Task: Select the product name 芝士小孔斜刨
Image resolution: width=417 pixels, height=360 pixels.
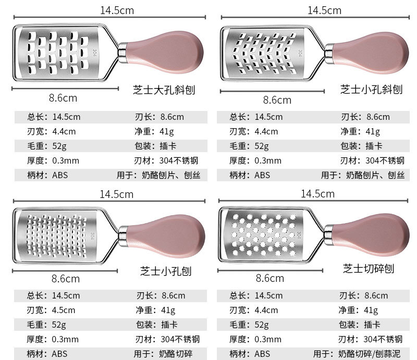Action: pyautogui.click(x=371, y=89)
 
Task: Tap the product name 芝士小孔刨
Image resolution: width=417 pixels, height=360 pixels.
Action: pyautogui.click(x=166, y=271)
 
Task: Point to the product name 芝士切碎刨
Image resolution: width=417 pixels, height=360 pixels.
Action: pyautogui.click(x=368, y=269)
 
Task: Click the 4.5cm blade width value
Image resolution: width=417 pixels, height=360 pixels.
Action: pyautogui.click(x=64, y=311)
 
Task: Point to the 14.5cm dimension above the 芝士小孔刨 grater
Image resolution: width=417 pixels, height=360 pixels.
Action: pyautogui.click(x=116, y=194)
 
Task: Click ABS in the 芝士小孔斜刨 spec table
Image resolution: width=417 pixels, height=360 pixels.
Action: pyautogui.click(x=262, y=176)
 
